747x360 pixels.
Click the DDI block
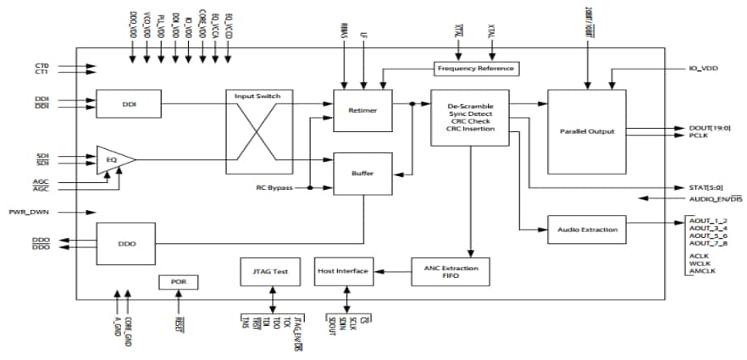[x=129, y=104]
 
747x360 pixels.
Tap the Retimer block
[x=362, y=109]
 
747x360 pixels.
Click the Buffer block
[x=362, y=173]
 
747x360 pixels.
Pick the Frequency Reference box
[x=475, y=68]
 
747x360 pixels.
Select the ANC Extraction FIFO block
[x=451, y=271]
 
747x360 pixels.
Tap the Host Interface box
[x=343, y=271]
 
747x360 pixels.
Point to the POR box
[x=178, y=282]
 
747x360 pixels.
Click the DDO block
[x=129, y=243]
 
